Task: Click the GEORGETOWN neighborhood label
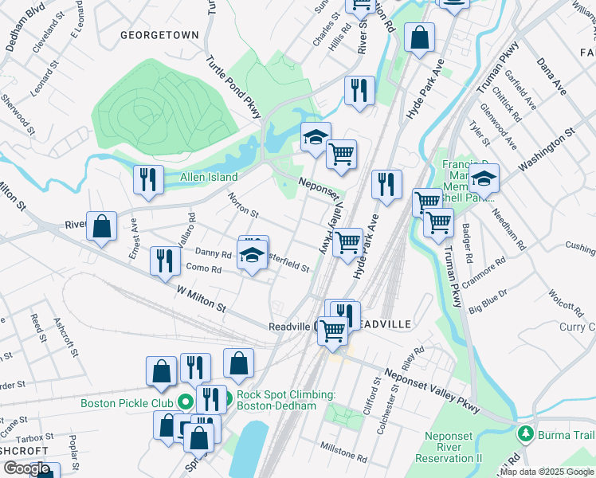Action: pyautogui.click(x=159, y=35)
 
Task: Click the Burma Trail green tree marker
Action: pyautogui.click(x=525, y=434)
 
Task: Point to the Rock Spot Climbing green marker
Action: pyautogui.click(x=227, y=398)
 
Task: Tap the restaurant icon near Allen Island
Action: pyautogui.click(x=148, y=181)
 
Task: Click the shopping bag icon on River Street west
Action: pyautogui.click(x=102, y=227)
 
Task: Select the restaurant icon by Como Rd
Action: pyautogui.click(x=165, y=262)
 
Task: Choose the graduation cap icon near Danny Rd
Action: pyautogui.click(x=253, y=257)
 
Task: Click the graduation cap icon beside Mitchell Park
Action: pyautogui.click(x=483, y=180)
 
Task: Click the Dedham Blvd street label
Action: pyautogui.click(x=25, y=31)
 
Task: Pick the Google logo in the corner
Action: pyautogui.click(x=26, y=468)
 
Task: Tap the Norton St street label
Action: pyautogui.click(x=243, y=206)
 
